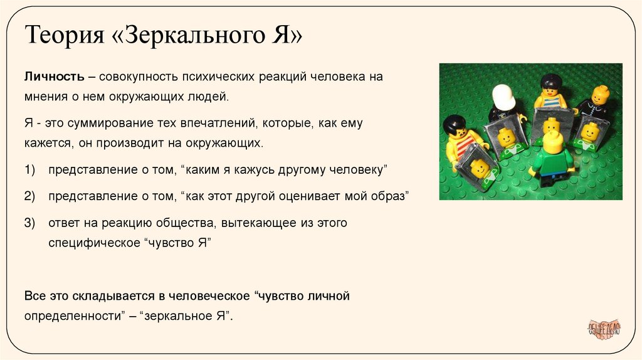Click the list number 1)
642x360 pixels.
point(31,170)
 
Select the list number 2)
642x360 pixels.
point(31,196)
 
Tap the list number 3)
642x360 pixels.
point(31,223)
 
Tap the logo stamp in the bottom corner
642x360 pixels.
point(603,328)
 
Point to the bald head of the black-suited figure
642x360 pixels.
point(600,95)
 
